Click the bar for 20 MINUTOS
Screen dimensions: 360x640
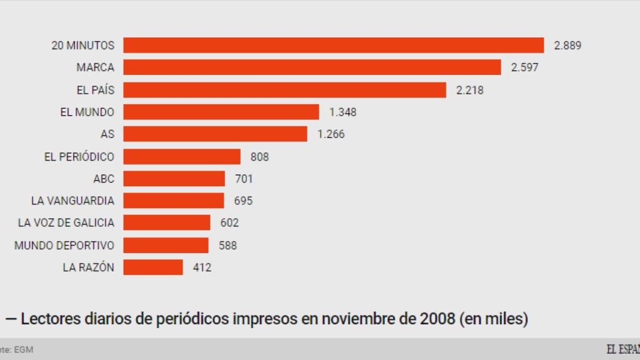[333, 45]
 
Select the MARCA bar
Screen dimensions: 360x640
[312, 67]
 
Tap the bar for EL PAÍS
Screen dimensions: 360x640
[284, 90]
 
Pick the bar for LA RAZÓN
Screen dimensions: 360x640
[153, 267]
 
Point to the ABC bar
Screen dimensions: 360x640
[174, 179]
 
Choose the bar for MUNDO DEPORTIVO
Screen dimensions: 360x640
[166, 245]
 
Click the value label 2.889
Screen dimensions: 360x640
[567, 46]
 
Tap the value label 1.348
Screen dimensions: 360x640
[343, 112]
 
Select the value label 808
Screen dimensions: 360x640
[259, 157]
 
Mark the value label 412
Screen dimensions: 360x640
[202, 267]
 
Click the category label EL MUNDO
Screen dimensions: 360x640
[87, 112]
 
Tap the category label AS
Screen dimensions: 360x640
[107, 134]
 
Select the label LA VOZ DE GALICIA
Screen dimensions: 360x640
[66, 223]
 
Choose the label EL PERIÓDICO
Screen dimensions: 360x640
[79, 157]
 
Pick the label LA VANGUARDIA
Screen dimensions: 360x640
[72, 201]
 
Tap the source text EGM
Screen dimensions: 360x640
[24, 350]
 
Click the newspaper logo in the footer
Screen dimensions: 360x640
[622, 349]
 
